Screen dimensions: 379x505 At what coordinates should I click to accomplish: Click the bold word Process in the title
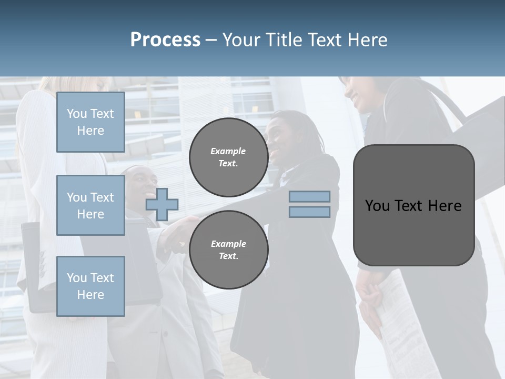coord(165,40)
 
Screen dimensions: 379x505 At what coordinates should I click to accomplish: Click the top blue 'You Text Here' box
coord(90,122)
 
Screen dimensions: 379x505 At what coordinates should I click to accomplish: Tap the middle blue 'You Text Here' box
coord(90,205)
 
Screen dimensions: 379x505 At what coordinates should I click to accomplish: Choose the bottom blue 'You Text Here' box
coord(90,286)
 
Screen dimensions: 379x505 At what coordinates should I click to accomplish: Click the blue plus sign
coord(162,204)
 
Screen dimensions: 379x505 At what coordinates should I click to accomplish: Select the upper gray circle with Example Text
coord(228,157)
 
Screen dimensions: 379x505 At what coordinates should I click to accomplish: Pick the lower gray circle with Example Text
coord(228,250)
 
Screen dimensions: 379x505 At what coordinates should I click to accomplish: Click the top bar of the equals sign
coord(309,197)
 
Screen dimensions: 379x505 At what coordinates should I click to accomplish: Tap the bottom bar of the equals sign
coord(309,212)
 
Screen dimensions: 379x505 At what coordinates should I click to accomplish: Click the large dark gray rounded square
coord(413,232)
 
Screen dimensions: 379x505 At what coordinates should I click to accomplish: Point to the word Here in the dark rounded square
coord(444,206)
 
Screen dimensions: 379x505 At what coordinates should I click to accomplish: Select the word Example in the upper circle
coord(228,151)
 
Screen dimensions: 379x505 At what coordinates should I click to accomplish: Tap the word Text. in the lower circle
coord(228,256)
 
